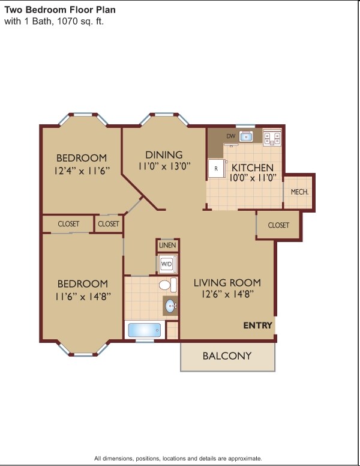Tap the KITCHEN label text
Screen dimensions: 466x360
(x=253, y=168)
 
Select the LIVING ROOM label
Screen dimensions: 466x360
(x=227, y=282)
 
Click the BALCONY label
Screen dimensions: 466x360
(x=227, y=356)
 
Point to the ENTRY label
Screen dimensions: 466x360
(x=257, y=325)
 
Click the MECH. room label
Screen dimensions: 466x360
(x=299, y=192)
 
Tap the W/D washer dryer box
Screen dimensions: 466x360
(x=166, y=264)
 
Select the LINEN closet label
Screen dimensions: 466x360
(x=167, y=246)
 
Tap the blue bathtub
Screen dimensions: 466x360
(x=145, y=330)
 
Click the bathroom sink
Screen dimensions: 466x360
(x=172, y=306)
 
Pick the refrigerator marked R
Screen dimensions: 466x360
(x=215, y=169)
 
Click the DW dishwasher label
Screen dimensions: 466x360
(x=230, y=136)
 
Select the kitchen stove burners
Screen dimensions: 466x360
(x=273, y=138)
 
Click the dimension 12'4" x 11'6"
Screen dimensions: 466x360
(x=82, y=170)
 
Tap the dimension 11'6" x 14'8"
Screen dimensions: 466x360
(x=83, y=295)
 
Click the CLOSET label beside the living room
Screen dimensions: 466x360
(x=278, y=225)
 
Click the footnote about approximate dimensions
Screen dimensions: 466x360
(x=178, y=458)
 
